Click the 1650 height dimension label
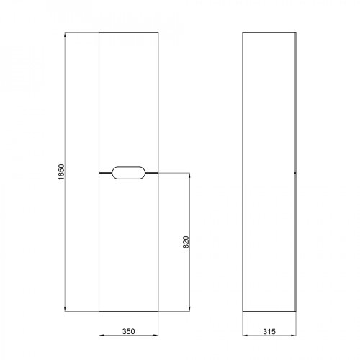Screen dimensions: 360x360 point(62,172)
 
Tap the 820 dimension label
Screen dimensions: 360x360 point(186,242)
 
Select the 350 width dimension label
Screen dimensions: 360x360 point(129,331)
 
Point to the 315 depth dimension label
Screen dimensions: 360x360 point(269,331)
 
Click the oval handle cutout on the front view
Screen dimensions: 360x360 point(129,173)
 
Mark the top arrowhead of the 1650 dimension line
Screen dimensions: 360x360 point(65,35)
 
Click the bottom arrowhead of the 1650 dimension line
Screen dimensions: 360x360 point(65,309)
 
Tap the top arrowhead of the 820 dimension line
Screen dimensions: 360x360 point(189,176)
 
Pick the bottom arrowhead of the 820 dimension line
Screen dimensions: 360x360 point(189,309)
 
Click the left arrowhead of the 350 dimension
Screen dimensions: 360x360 point(102,335)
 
